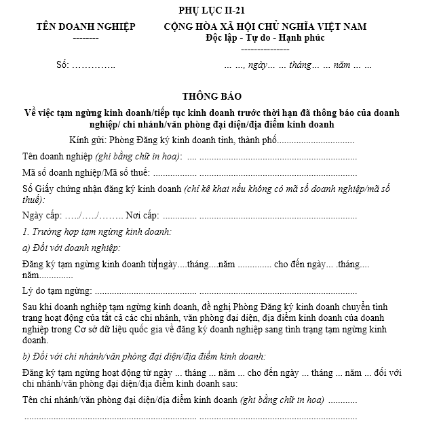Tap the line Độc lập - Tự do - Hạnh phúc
[265, 37]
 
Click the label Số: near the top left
[63, 66]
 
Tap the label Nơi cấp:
[142, 216]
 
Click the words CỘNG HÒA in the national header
[193, 26]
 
